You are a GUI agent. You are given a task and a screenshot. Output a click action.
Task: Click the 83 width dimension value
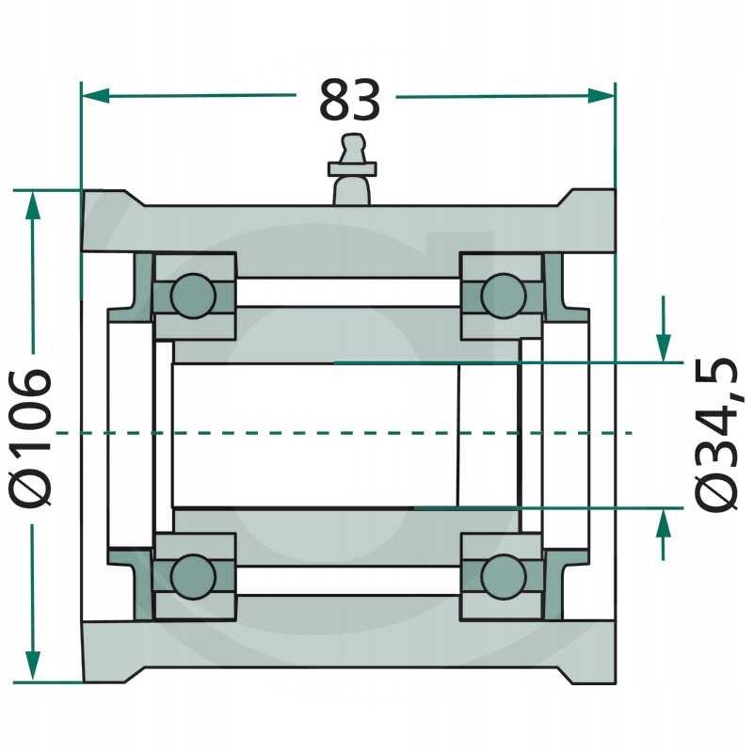coord(349,101)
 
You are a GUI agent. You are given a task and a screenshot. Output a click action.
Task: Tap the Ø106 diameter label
coord(31,438)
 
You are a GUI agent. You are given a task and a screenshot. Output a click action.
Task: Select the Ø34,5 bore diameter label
coord(716,435)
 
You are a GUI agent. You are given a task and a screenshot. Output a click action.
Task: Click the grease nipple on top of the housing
coord(352,169)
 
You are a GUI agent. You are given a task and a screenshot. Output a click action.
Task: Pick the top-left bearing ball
coord(193,296)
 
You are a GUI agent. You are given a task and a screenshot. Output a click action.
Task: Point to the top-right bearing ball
coord(504,296)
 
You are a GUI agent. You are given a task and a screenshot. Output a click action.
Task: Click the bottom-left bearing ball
coord(193,577)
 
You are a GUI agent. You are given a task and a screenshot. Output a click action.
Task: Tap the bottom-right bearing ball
coord(504,577)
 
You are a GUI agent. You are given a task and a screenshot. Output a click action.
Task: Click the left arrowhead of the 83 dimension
coord(96,96)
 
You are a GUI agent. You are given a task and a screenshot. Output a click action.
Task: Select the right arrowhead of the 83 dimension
coord(601,96)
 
